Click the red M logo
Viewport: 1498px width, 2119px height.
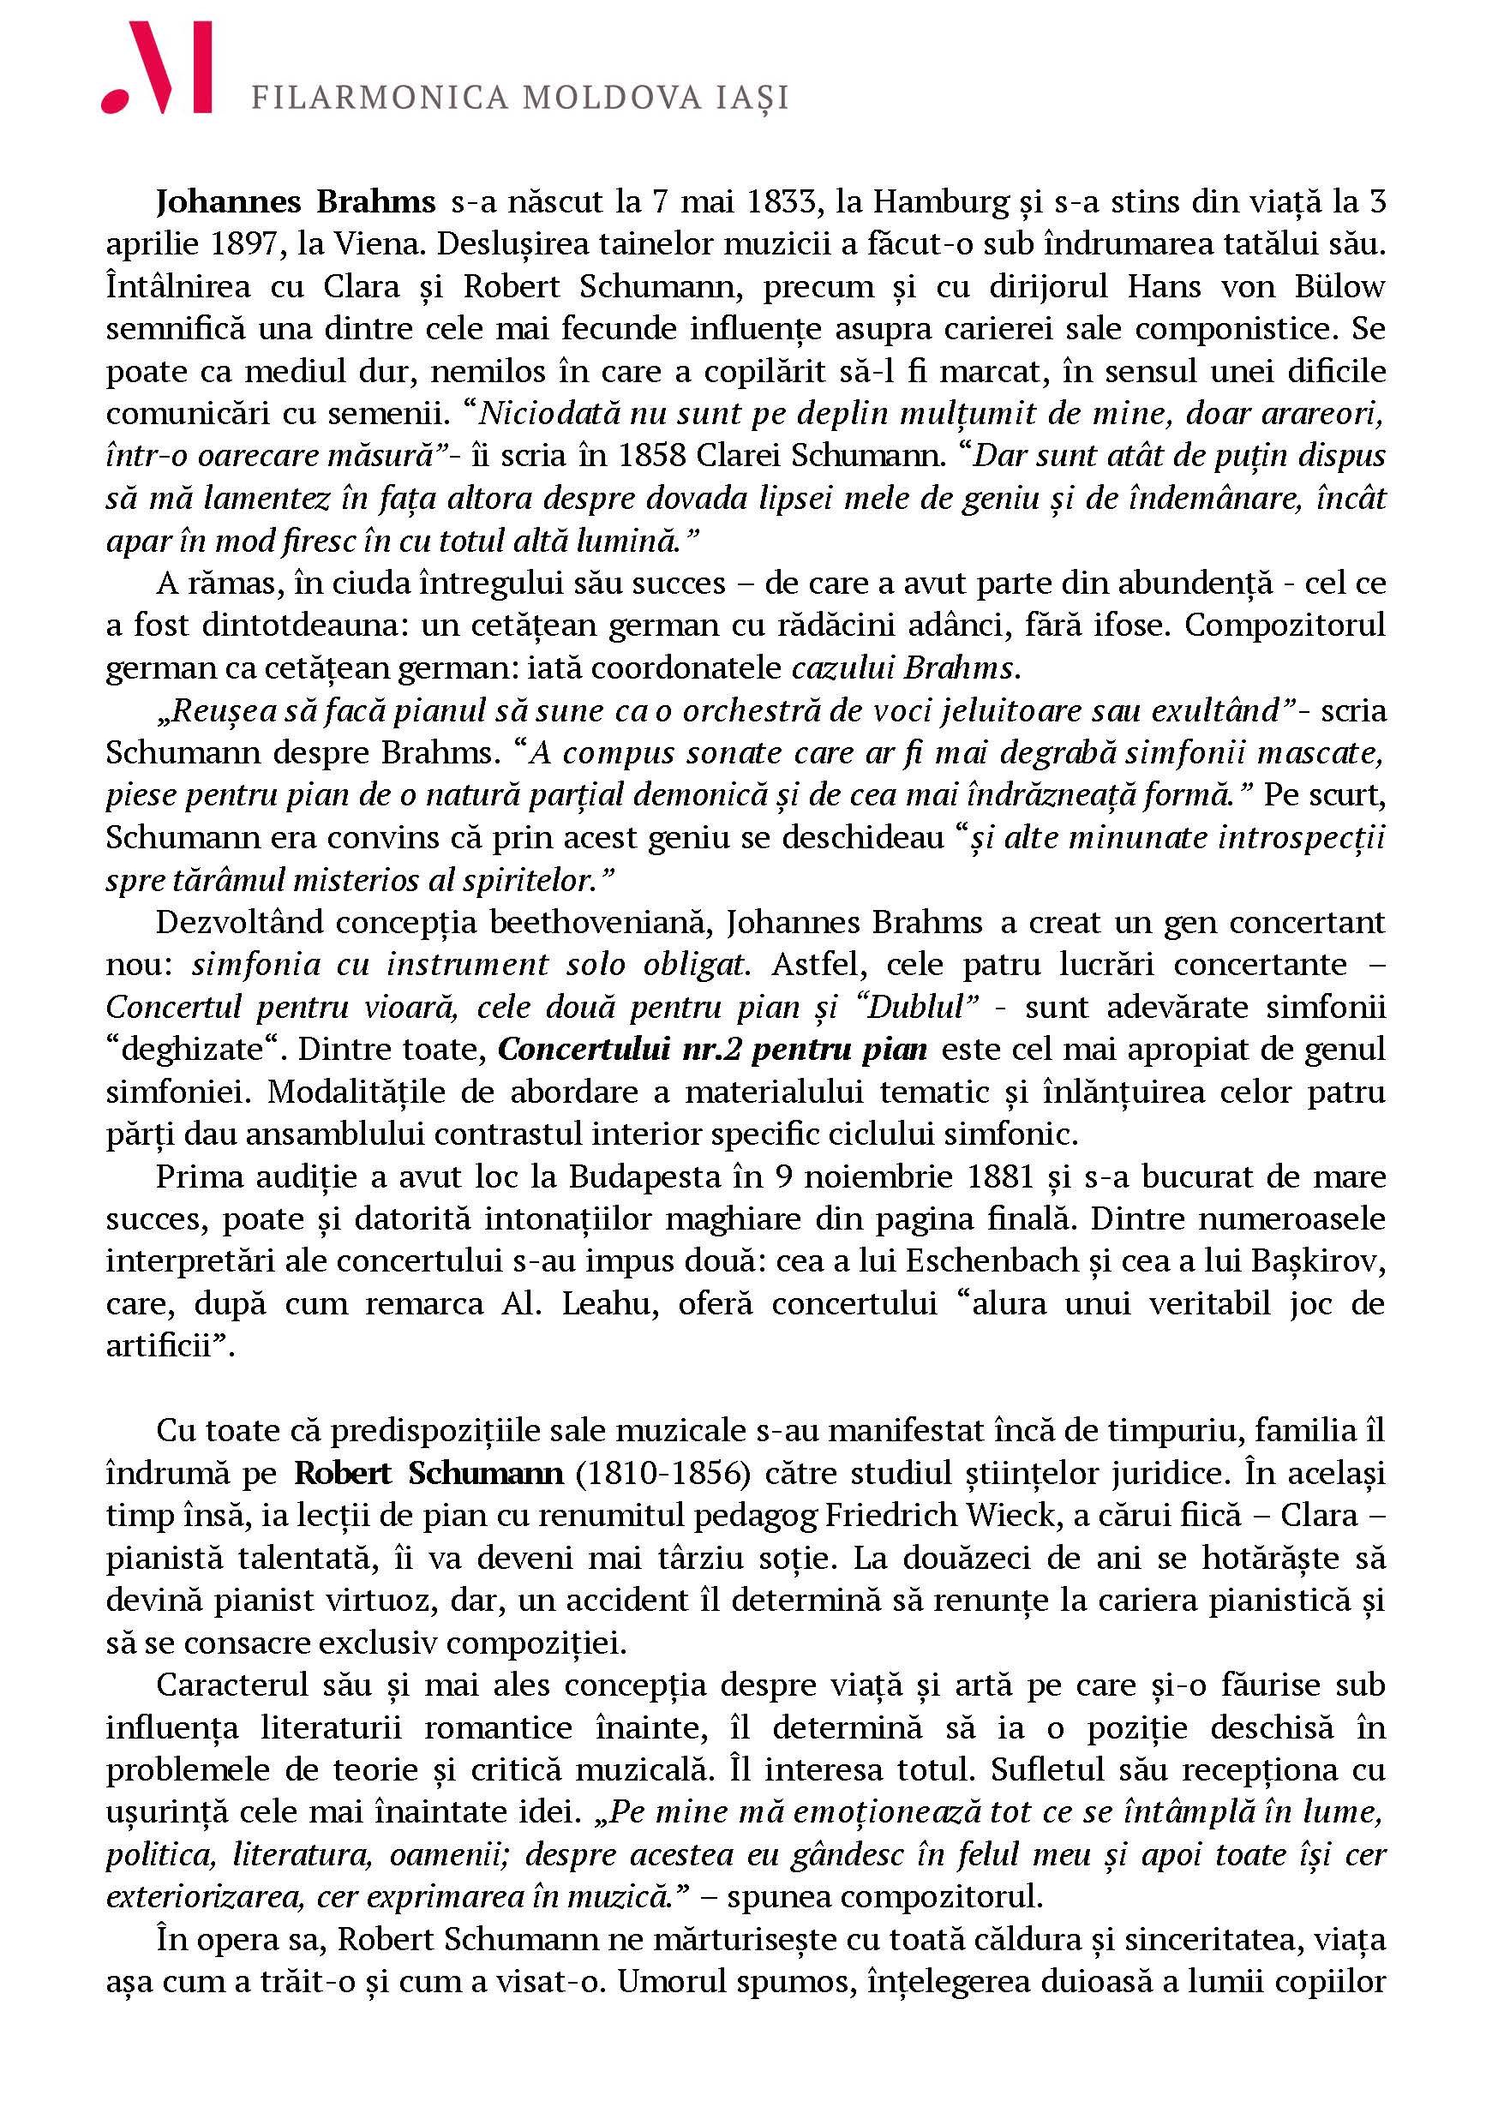[157, 69]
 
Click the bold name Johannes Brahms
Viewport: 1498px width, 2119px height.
[296, 201]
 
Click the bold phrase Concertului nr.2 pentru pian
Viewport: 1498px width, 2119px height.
[711, 1050]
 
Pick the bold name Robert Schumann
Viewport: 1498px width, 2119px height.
[428, 1473]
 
